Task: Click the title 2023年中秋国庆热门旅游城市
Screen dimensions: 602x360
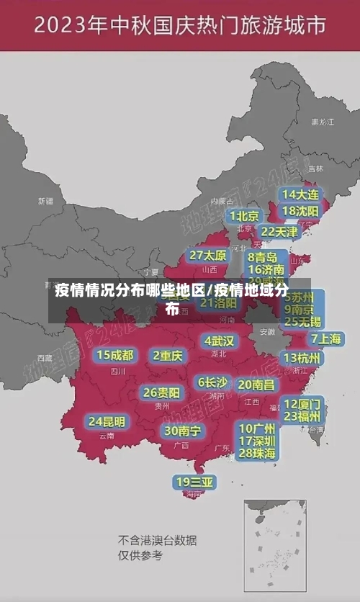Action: [x=179, y=27]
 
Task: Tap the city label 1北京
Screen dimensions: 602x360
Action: [x=244, y=216]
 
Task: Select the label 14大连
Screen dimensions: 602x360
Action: [x=300, y=195]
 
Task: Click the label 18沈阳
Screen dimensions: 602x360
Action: [x=300, y=211]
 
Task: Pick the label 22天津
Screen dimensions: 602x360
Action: [x=279, y=232]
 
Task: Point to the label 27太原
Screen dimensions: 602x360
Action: [x=208, y=256]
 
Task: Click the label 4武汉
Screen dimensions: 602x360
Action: [x=219, y=341]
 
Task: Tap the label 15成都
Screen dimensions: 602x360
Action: [x=115, y=355]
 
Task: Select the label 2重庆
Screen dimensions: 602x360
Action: [x=168, y=356]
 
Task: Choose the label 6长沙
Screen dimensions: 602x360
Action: [x=212, y=382]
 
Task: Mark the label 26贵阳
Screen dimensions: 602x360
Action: [x=161, y=393]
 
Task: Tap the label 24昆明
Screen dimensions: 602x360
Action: [x=107, y=421]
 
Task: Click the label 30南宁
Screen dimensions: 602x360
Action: [x=182, y=431]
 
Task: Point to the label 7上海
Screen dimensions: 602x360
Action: [x=325, y=339]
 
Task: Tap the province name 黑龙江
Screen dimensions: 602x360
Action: [x=322, y=122]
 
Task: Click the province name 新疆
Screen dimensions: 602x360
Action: [x=45, y=201]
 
